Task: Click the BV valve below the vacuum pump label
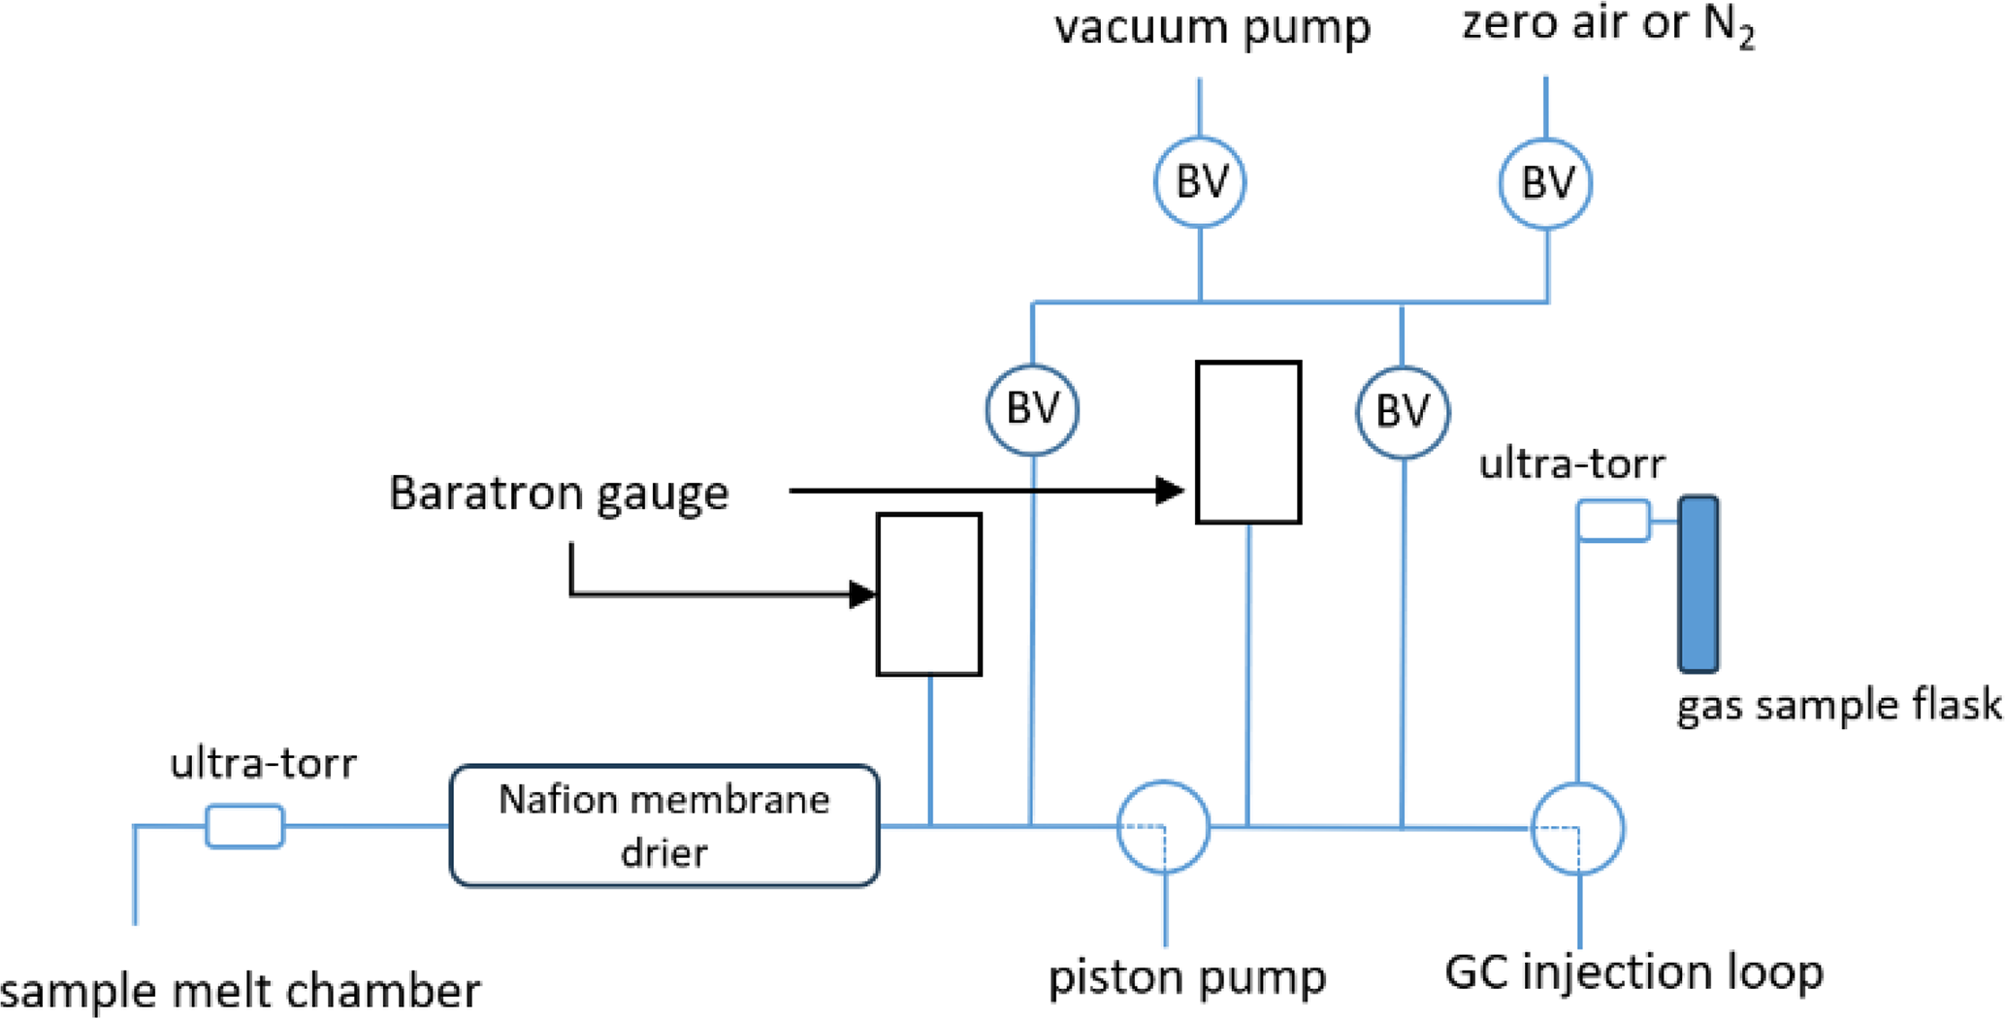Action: pyautogui.click(x=1200, y=182)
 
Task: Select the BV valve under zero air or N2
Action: pyautogui.click(x=1545, y=183)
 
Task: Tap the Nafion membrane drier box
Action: pyautogui.click(x=664, y=825)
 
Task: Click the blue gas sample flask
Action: pyautogui.click(x=1698, y=584)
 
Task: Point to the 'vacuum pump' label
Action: pyautogui.click(x=1213, y=27)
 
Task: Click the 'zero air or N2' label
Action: pyautogui.click(x=1608, y=25)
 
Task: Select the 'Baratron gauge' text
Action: pyautogui.click(x=559, y=493)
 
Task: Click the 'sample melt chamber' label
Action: pyautogui.click(x=240, y=991)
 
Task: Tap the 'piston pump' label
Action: pyautogui.click(x=1187, y=977)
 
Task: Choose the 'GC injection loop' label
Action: pyautogui.click(x=1633, y=972)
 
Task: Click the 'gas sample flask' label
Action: pyautogui.click(x=1839, y=705)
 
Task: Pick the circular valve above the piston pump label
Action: pyautogui.click(x=1164, y=827)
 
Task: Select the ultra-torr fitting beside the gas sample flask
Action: pyautogui.click(x=1613, y=521)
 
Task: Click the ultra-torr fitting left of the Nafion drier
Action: pyautogui.click(x=245, y=826)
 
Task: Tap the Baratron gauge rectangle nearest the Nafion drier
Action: pyautogui.click(x=929, y=594)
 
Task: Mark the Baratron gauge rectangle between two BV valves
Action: pyautogui.click(x=1248, y=442)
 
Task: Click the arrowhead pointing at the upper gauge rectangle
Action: pyautogui.click(x=1171, y=491)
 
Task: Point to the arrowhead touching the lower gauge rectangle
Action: pyautogui.click(x=862, y=594)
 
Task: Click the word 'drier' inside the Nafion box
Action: pyautogui.click(x=664, y=853)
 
